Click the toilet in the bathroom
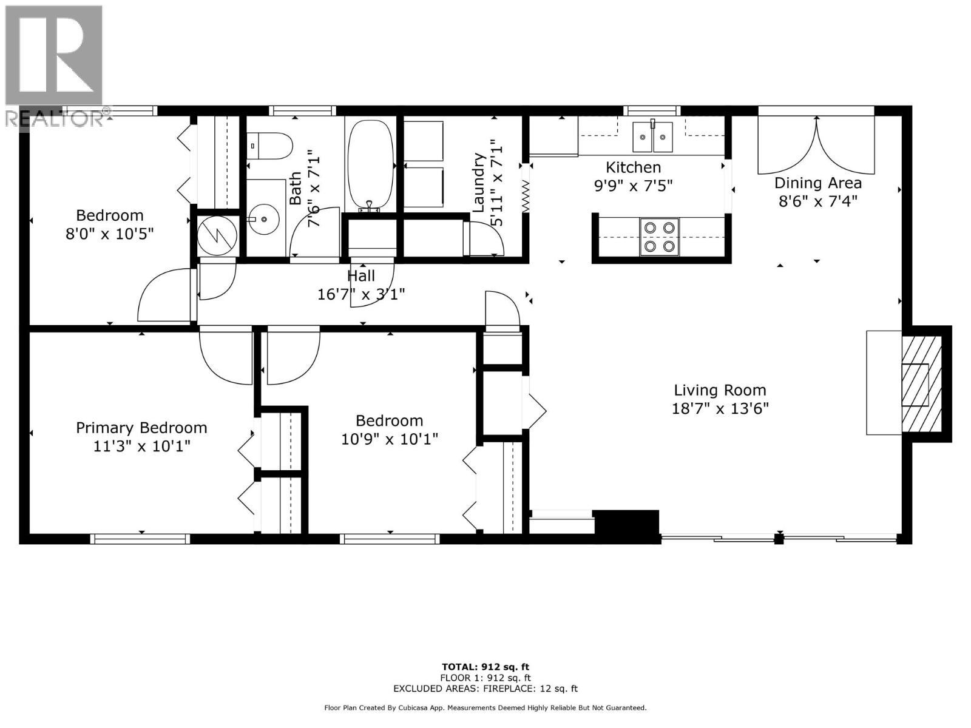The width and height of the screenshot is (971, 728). (x=271, y=146)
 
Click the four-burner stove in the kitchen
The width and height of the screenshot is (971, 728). (x=659, y=237)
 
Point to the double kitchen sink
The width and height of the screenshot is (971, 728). (x=652, y=136)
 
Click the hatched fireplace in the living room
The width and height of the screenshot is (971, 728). (x=921, y=382)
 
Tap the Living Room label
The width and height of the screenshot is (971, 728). (x=720, y=390)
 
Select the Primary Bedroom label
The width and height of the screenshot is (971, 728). (x=141, y=428)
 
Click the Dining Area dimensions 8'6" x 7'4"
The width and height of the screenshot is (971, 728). (x=817, y=201)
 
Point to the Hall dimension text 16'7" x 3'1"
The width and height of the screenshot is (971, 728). (x=361, y=294)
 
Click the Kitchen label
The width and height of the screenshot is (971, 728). (x=633, y=167)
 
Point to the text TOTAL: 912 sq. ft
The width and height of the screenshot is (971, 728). (x=485, y=667)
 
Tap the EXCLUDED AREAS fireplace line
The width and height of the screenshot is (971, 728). (x=485, y=689)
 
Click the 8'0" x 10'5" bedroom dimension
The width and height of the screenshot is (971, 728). (x=110, y=234)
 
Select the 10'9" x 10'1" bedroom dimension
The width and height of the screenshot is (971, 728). (x=389, y=439)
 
